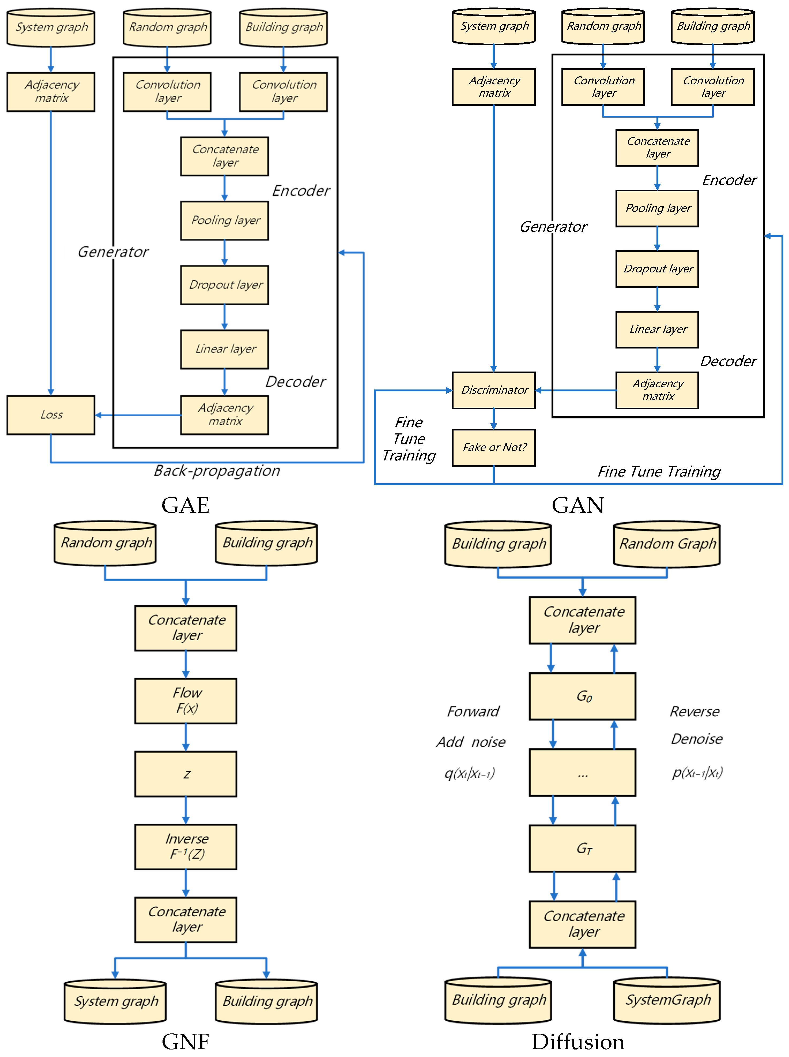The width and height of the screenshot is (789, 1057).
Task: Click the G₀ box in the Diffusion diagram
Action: [x=582, y=696]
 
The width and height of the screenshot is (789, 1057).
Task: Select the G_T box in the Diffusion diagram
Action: [x=582, y=848]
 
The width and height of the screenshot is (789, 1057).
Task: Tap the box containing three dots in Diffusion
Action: [x=582, y=772]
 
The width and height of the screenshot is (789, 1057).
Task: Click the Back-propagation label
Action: [x=217, y=471]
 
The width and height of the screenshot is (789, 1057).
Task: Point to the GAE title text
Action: [x=185, y=505]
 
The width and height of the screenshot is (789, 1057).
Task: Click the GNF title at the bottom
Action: [x=185, y=1042]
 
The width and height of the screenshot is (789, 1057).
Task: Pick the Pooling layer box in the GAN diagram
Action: [x=657, y=208]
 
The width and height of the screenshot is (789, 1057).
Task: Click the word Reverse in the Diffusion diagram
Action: [x=694, y=711]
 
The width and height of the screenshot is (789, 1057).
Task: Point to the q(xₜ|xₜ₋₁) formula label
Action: [x=470, y=773]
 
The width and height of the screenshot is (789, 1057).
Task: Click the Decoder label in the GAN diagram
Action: [x=728, y=361]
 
